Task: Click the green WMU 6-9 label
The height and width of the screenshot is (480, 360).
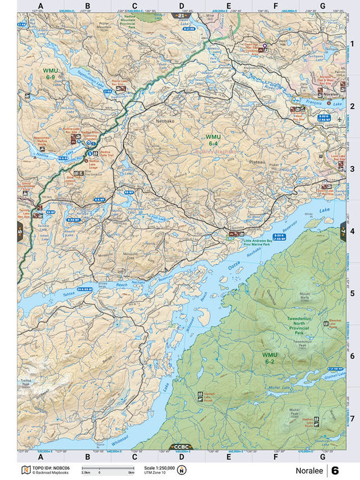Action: click(51, 74)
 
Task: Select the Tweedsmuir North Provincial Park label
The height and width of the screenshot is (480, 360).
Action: click(303, 326)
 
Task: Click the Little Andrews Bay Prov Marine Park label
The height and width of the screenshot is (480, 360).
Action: click(262, 244)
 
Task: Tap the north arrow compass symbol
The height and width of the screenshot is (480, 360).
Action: click(182, 470)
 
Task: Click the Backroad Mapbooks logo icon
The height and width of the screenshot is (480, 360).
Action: click(25, 470)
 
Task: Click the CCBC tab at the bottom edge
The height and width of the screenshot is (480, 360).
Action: click(181, 447)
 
